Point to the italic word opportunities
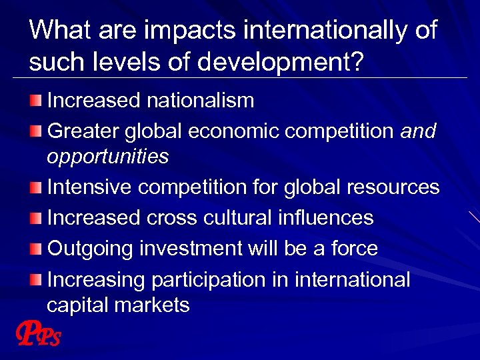point(107,157)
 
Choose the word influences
point(321,217)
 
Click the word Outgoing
point(91,249)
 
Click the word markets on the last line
point(152,305)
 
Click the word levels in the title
point(120,62)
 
